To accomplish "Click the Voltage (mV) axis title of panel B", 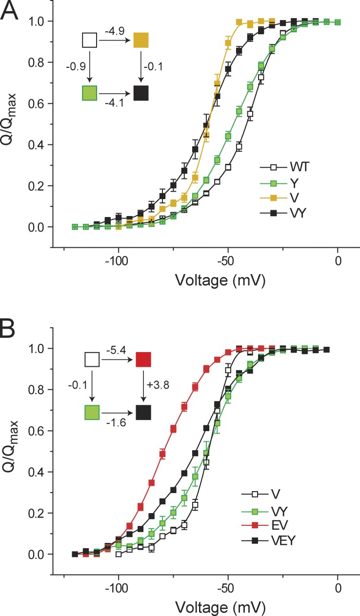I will [201, 606].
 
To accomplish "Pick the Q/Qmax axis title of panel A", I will [17, 124].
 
